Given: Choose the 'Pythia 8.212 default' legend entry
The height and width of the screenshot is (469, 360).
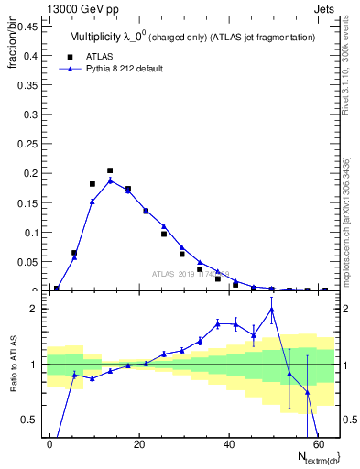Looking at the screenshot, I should [121, 69].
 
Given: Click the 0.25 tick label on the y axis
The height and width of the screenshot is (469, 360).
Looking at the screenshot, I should [29, 145].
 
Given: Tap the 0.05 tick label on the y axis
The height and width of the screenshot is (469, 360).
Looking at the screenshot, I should [29, 262].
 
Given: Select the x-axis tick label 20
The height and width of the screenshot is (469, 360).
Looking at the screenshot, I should [138, 444].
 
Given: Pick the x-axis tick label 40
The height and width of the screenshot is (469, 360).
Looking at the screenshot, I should [227, 444].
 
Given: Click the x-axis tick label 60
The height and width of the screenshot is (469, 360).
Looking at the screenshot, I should [316, 444].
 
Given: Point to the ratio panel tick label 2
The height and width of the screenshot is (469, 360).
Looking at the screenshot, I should [35, 309].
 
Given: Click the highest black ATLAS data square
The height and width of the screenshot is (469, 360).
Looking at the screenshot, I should [110, 170].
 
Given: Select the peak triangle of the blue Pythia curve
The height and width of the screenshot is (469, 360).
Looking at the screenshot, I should [110, 180].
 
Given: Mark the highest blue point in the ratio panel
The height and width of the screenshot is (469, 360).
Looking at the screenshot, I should [271, 310].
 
